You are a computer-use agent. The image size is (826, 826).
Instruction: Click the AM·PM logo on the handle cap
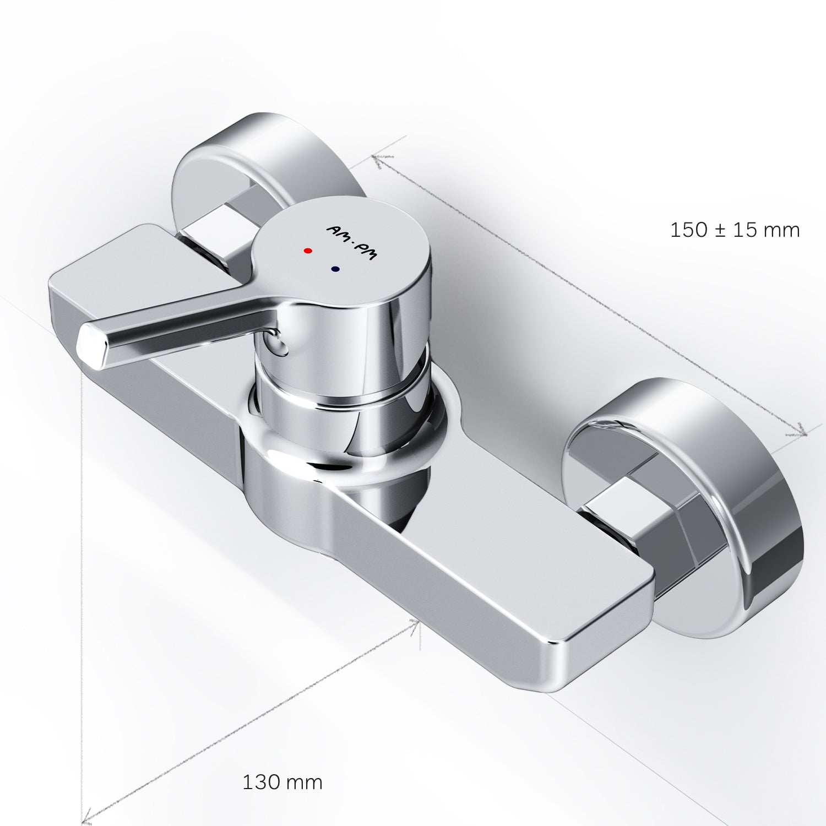pyautogui.click(x=350, y=243)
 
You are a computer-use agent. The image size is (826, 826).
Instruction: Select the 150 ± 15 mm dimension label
pyautogui.click(x=735, y=230)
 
